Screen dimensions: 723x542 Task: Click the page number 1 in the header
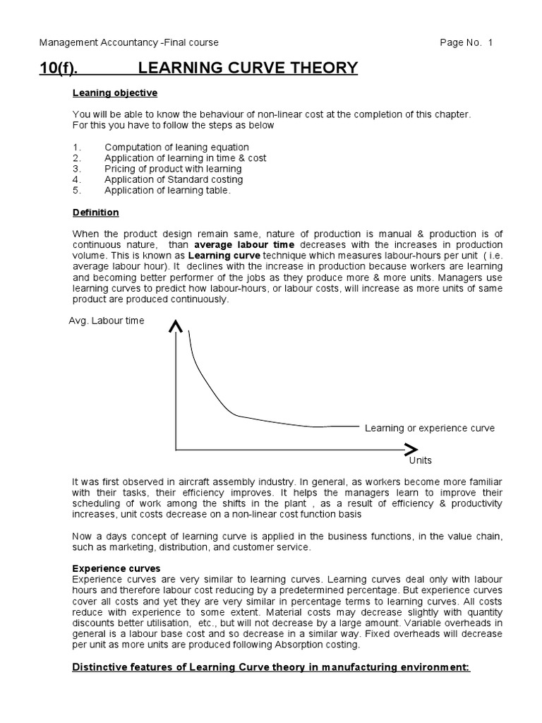click(x=490, y=42)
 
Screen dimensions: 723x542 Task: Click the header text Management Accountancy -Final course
click(x=128, y=42)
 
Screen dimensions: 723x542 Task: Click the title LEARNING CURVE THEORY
click(x=248, y=68)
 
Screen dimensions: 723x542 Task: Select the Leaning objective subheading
click(x=115, y=93)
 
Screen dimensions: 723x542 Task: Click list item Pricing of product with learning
click(x=173, y=169)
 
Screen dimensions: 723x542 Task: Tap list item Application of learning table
click(x=167, y=190)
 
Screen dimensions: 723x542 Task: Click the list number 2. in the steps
click(x=77, y=158)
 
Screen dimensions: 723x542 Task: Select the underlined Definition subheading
click(x=96, y=213)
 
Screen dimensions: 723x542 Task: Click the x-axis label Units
click(x=421, y=460)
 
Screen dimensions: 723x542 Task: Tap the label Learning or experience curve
click(x=429, y=428)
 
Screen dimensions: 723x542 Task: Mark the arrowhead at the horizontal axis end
click(x=410, y=448)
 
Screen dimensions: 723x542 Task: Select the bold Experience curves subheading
click(x=116, y=568)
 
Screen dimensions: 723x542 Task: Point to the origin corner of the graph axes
click(x=176, y=448)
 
